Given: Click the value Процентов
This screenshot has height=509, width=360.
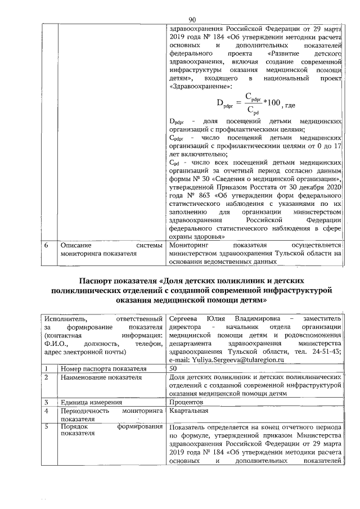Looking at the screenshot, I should pyautogui.click(x=186, y=403).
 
